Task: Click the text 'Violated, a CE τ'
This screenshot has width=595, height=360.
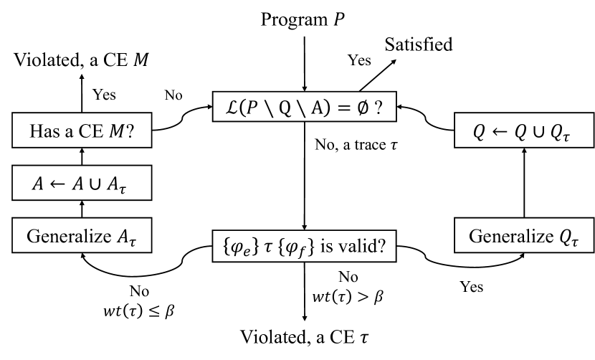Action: (306, 342)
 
